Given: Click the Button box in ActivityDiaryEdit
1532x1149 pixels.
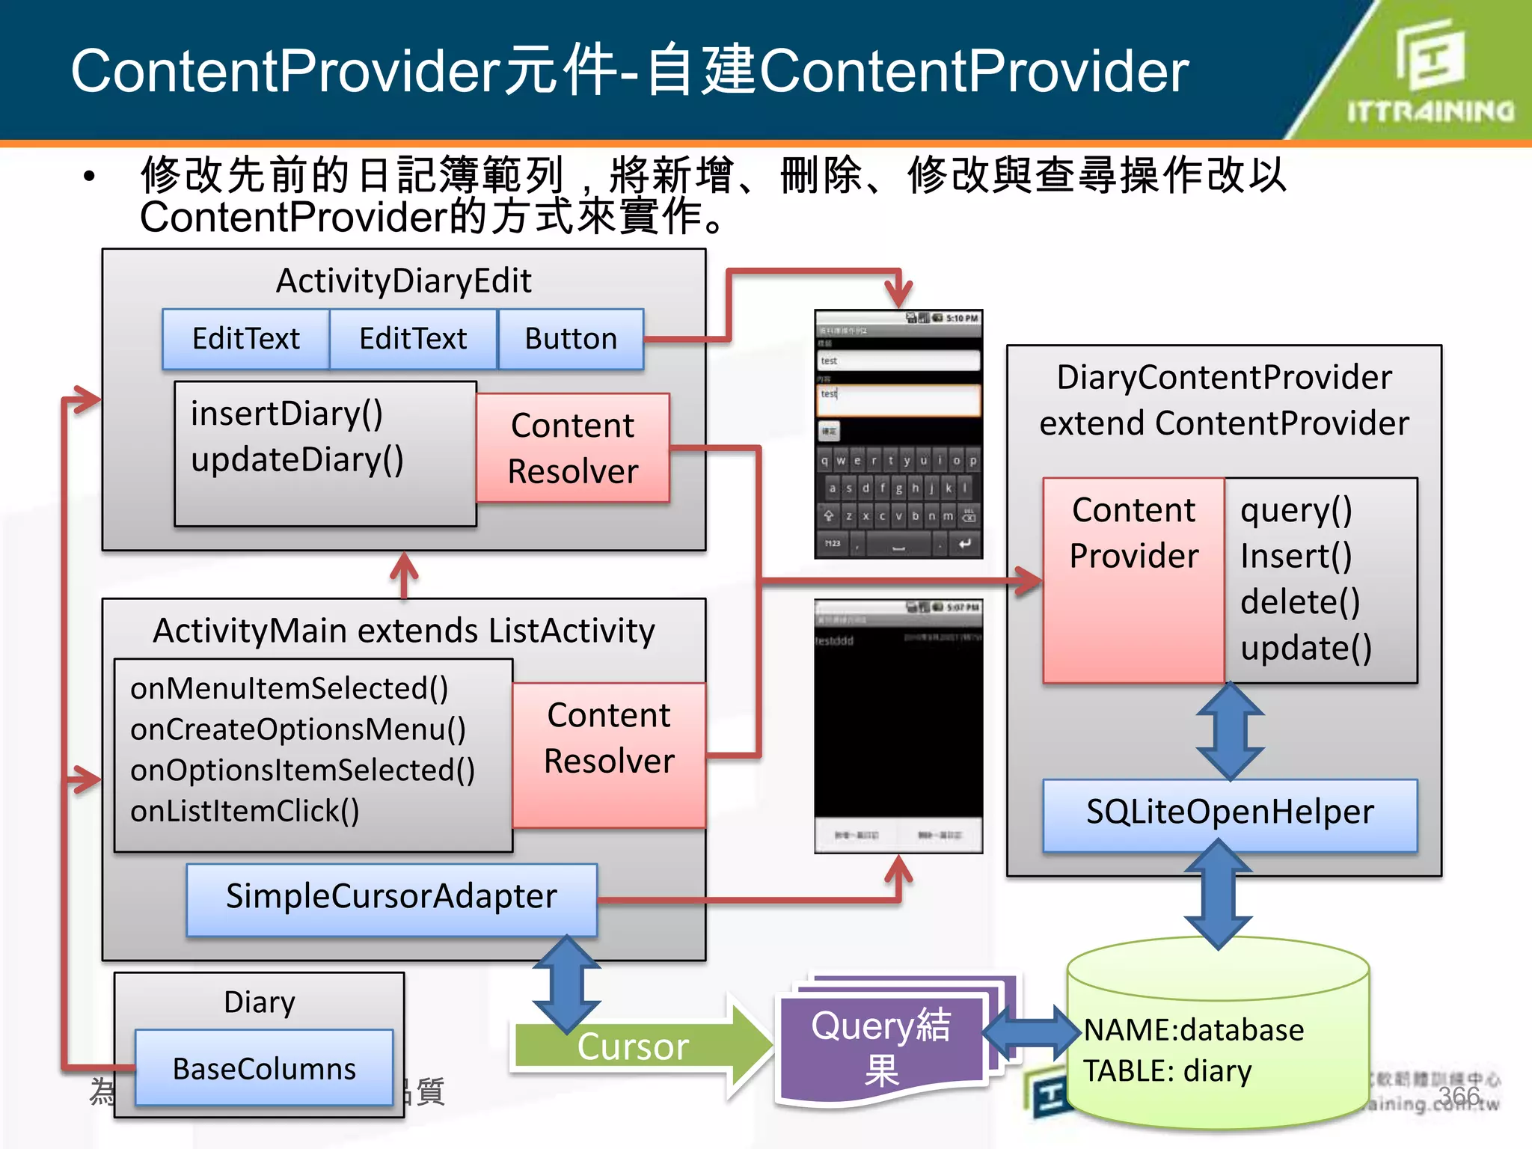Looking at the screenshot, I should [x=571, y=339].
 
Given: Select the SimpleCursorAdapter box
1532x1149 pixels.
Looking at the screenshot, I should [x=391, y=898].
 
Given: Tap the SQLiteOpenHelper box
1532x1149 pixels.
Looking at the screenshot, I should [x=1230, y=813].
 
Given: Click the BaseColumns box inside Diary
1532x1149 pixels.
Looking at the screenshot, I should [x=264, y=1068].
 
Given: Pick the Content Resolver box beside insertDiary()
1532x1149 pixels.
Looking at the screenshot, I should [x=573, y=448].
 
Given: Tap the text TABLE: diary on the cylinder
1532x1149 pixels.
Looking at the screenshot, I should [x=1167, y=1071].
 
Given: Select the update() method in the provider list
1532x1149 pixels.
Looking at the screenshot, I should [x=1305, y=648].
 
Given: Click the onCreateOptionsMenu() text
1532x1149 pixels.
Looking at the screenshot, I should [x=298, y=729].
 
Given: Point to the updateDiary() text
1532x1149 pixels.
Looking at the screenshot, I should [x=297, y=459].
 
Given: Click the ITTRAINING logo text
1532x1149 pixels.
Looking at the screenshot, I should [x=1430, y=112].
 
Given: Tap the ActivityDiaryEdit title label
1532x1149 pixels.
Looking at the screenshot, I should [x=403, y=281].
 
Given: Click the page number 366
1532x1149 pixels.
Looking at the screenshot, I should [x=1459, y=1096].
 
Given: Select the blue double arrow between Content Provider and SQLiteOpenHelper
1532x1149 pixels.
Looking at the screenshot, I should [x=1230, y=732].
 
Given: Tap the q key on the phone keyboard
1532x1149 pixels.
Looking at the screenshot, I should [x=824, y=461].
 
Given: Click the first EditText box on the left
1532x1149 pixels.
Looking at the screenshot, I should [x=245, y=339].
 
